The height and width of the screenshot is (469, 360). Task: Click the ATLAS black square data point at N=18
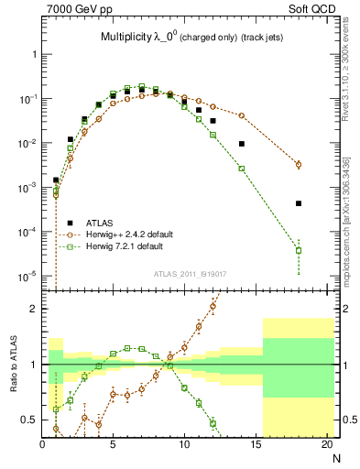299,203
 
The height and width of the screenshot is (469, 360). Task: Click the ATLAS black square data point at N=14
242,144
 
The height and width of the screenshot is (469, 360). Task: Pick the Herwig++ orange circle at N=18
299,165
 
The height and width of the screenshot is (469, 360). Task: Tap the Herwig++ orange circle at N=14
242,115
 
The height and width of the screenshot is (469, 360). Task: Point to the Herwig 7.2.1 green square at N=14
242,169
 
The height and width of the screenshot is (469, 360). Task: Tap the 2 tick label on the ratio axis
34,309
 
